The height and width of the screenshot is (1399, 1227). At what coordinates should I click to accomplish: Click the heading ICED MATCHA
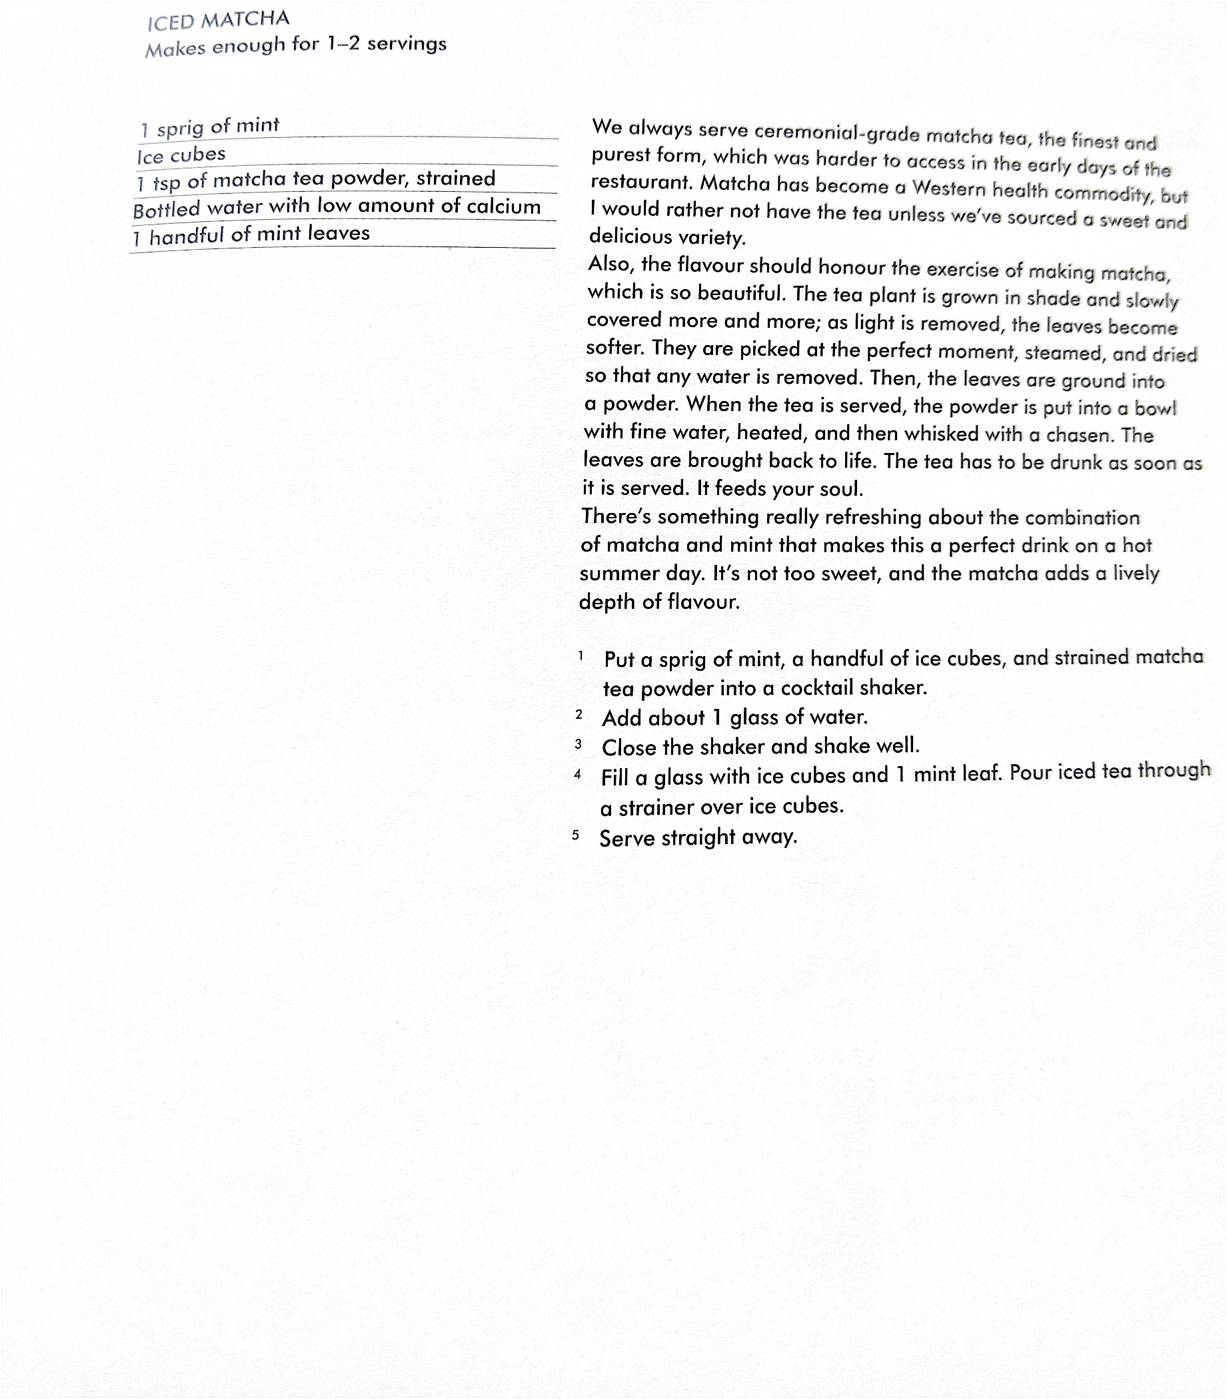(x=219, y=21)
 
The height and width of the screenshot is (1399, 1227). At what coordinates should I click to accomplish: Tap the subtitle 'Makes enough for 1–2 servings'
(x=296, y=46)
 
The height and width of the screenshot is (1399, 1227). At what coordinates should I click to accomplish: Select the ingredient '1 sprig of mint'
(x=210, y=127)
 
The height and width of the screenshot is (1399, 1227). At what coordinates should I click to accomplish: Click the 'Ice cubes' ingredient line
(x=181, y=155)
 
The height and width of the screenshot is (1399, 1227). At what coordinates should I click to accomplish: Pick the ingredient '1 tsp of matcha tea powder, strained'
(x=316, y=181)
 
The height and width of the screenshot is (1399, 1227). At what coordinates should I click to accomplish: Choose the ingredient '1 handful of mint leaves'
(x=251, y=234)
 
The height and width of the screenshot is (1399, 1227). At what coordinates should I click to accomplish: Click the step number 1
(x=581, y=656)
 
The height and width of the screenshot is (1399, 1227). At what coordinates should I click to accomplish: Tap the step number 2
(x=579, y=715)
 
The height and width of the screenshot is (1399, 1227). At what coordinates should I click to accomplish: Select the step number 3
(x=579, y=744)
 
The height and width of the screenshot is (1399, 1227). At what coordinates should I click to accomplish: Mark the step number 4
(x=578, y=775)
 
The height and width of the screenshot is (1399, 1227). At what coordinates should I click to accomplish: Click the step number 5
(x=576, y=835)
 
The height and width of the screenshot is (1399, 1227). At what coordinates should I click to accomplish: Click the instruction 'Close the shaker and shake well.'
(x=760, y=746)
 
